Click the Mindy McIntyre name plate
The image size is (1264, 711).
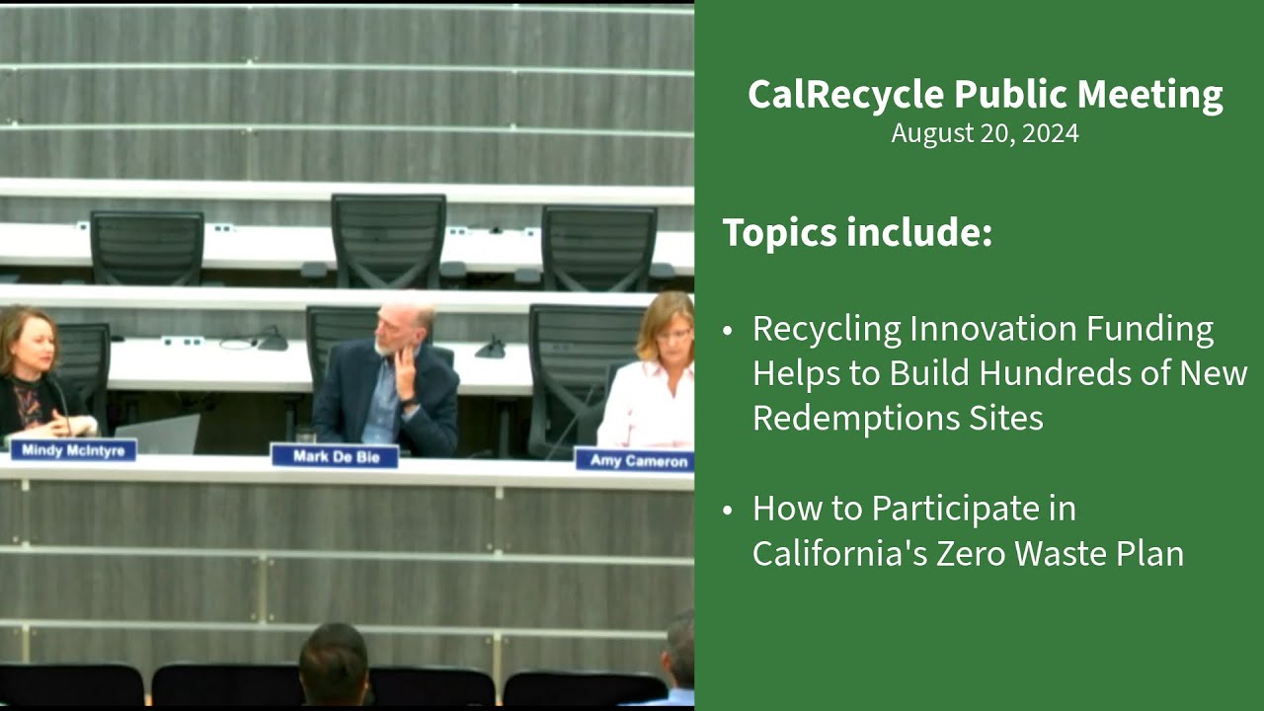tap(73, 450)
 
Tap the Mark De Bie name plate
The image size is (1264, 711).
tap(335, 456)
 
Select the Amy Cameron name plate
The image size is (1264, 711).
tap(634, 460)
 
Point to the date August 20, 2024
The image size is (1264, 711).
tap(985, 133)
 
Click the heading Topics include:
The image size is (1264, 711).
tap(856, 233)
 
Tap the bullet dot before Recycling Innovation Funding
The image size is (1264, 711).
tap(729, 330)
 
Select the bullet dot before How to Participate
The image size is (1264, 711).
tap(729, 510)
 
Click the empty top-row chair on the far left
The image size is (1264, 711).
tap(146, 246)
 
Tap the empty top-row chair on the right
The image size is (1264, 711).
tap(598, 246)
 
